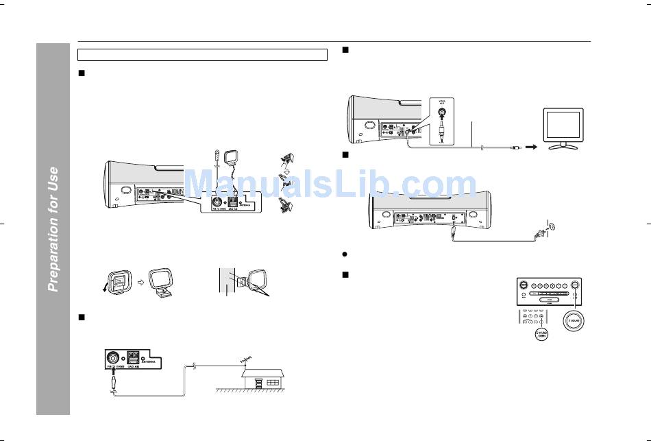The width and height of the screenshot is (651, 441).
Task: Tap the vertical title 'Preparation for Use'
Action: point(53,229)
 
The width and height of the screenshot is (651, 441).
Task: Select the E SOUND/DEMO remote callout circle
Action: point(540,335)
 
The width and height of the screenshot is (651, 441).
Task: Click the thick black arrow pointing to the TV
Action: point(530,146)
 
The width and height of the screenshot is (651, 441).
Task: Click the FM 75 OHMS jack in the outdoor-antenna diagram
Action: point(112,358)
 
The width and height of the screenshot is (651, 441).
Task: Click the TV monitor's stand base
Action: point(563,146)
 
